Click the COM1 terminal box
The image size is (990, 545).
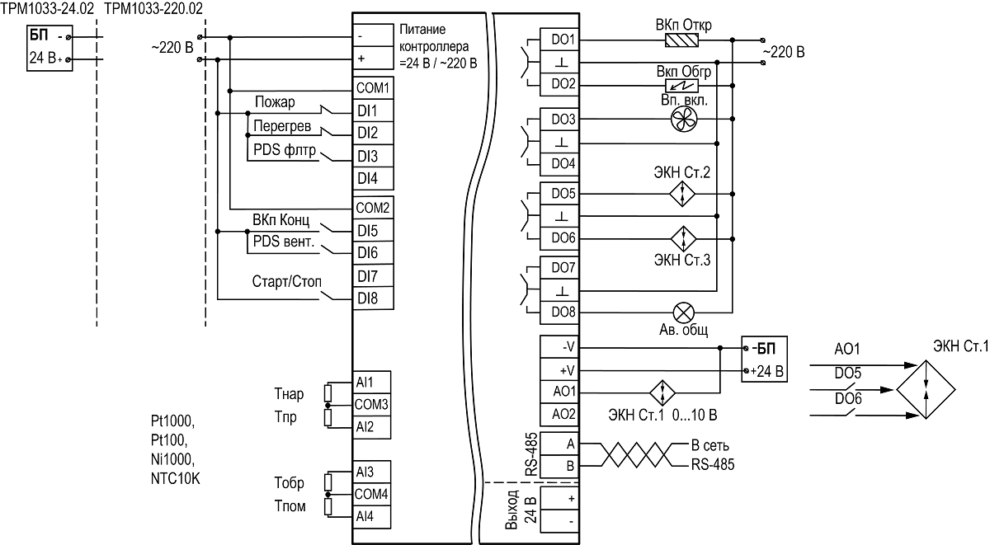pyautogui.click(x=373, y=88)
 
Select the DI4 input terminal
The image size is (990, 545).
pyautogui.click(x=373, y=178)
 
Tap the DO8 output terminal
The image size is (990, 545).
pyautogui.click(x=559, y=312)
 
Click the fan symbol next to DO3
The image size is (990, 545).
pyautogui.click(x=684, y=120)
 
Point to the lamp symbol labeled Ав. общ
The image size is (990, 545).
pyautogui.click(x=683, y=313)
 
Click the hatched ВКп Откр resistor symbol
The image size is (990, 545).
pyautogui.click(x=682, y=40)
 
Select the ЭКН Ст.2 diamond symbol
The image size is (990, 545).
pyautogui.click(x=682, y=194)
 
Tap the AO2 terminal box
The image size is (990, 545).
pyautogui.click(x=559, y=414)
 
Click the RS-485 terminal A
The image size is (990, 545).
pyautogui.click(x=559, y=444)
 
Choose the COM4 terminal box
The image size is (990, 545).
pyautogui.click(x=372, y=494)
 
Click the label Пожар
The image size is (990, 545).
pyautogui.click(x=275, y=102)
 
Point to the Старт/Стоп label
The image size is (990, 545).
pyautogui.click(x=287, y=281)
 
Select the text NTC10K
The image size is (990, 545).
pyautogui.click(x=176, y=479)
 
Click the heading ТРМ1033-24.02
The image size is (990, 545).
pyautogui.click(x=47, y=8)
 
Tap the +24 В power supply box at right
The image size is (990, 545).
pyautogui.click(x=764, y=359)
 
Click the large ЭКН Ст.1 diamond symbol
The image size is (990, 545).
pyautogui.click(x=926, y=389)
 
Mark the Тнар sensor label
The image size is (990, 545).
pyautogui.click(x=289, y=393)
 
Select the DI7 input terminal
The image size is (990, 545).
pyautogui.click(x=373, y=276)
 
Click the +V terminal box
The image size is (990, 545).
pyautogui.click(x=559, y=370)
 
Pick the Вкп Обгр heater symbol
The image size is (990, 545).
pyautogui.click(x=682, y=86)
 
